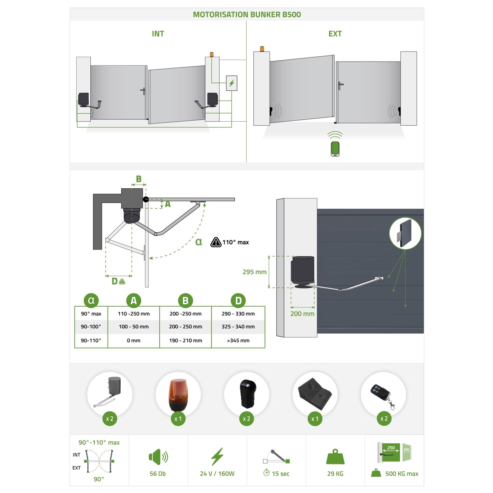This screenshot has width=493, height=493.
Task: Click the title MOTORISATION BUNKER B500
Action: point(247,14)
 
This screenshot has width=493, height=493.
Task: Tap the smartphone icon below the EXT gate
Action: point(335,149)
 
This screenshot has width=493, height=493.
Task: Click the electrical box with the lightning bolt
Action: point(232,83)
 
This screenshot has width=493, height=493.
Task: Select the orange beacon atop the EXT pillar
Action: point(262,49)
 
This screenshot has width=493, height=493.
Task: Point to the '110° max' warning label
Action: point(230,242)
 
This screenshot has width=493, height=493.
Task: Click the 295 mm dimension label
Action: point(254,272)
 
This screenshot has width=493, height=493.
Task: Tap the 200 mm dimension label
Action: point(302,314)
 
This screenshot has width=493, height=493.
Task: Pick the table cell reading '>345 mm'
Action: point(238,340)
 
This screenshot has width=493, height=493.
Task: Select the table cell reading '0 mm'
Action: point(133,340)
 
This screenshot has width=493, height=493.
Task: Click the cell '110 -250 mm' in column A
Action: point(134,314)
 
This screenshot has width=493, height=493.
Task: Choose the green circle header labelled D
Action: point(238,300)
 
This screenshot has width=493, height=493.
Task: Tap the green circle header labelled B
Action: point(185,300)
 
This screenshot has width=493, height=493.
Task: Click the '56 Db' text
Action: point(158,474)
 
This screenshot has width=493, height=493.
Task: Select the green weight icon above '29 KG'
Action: point(335,457)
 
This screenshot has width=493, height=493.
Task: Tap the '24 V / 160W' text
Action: point(217,474)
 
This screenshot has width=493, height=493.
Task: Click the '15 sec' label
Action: point(281,474)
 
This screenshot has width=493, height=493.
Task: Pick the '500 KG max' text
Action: point(402,474)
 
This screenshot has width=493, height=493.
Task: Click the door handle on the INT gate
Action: point(143,91)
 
